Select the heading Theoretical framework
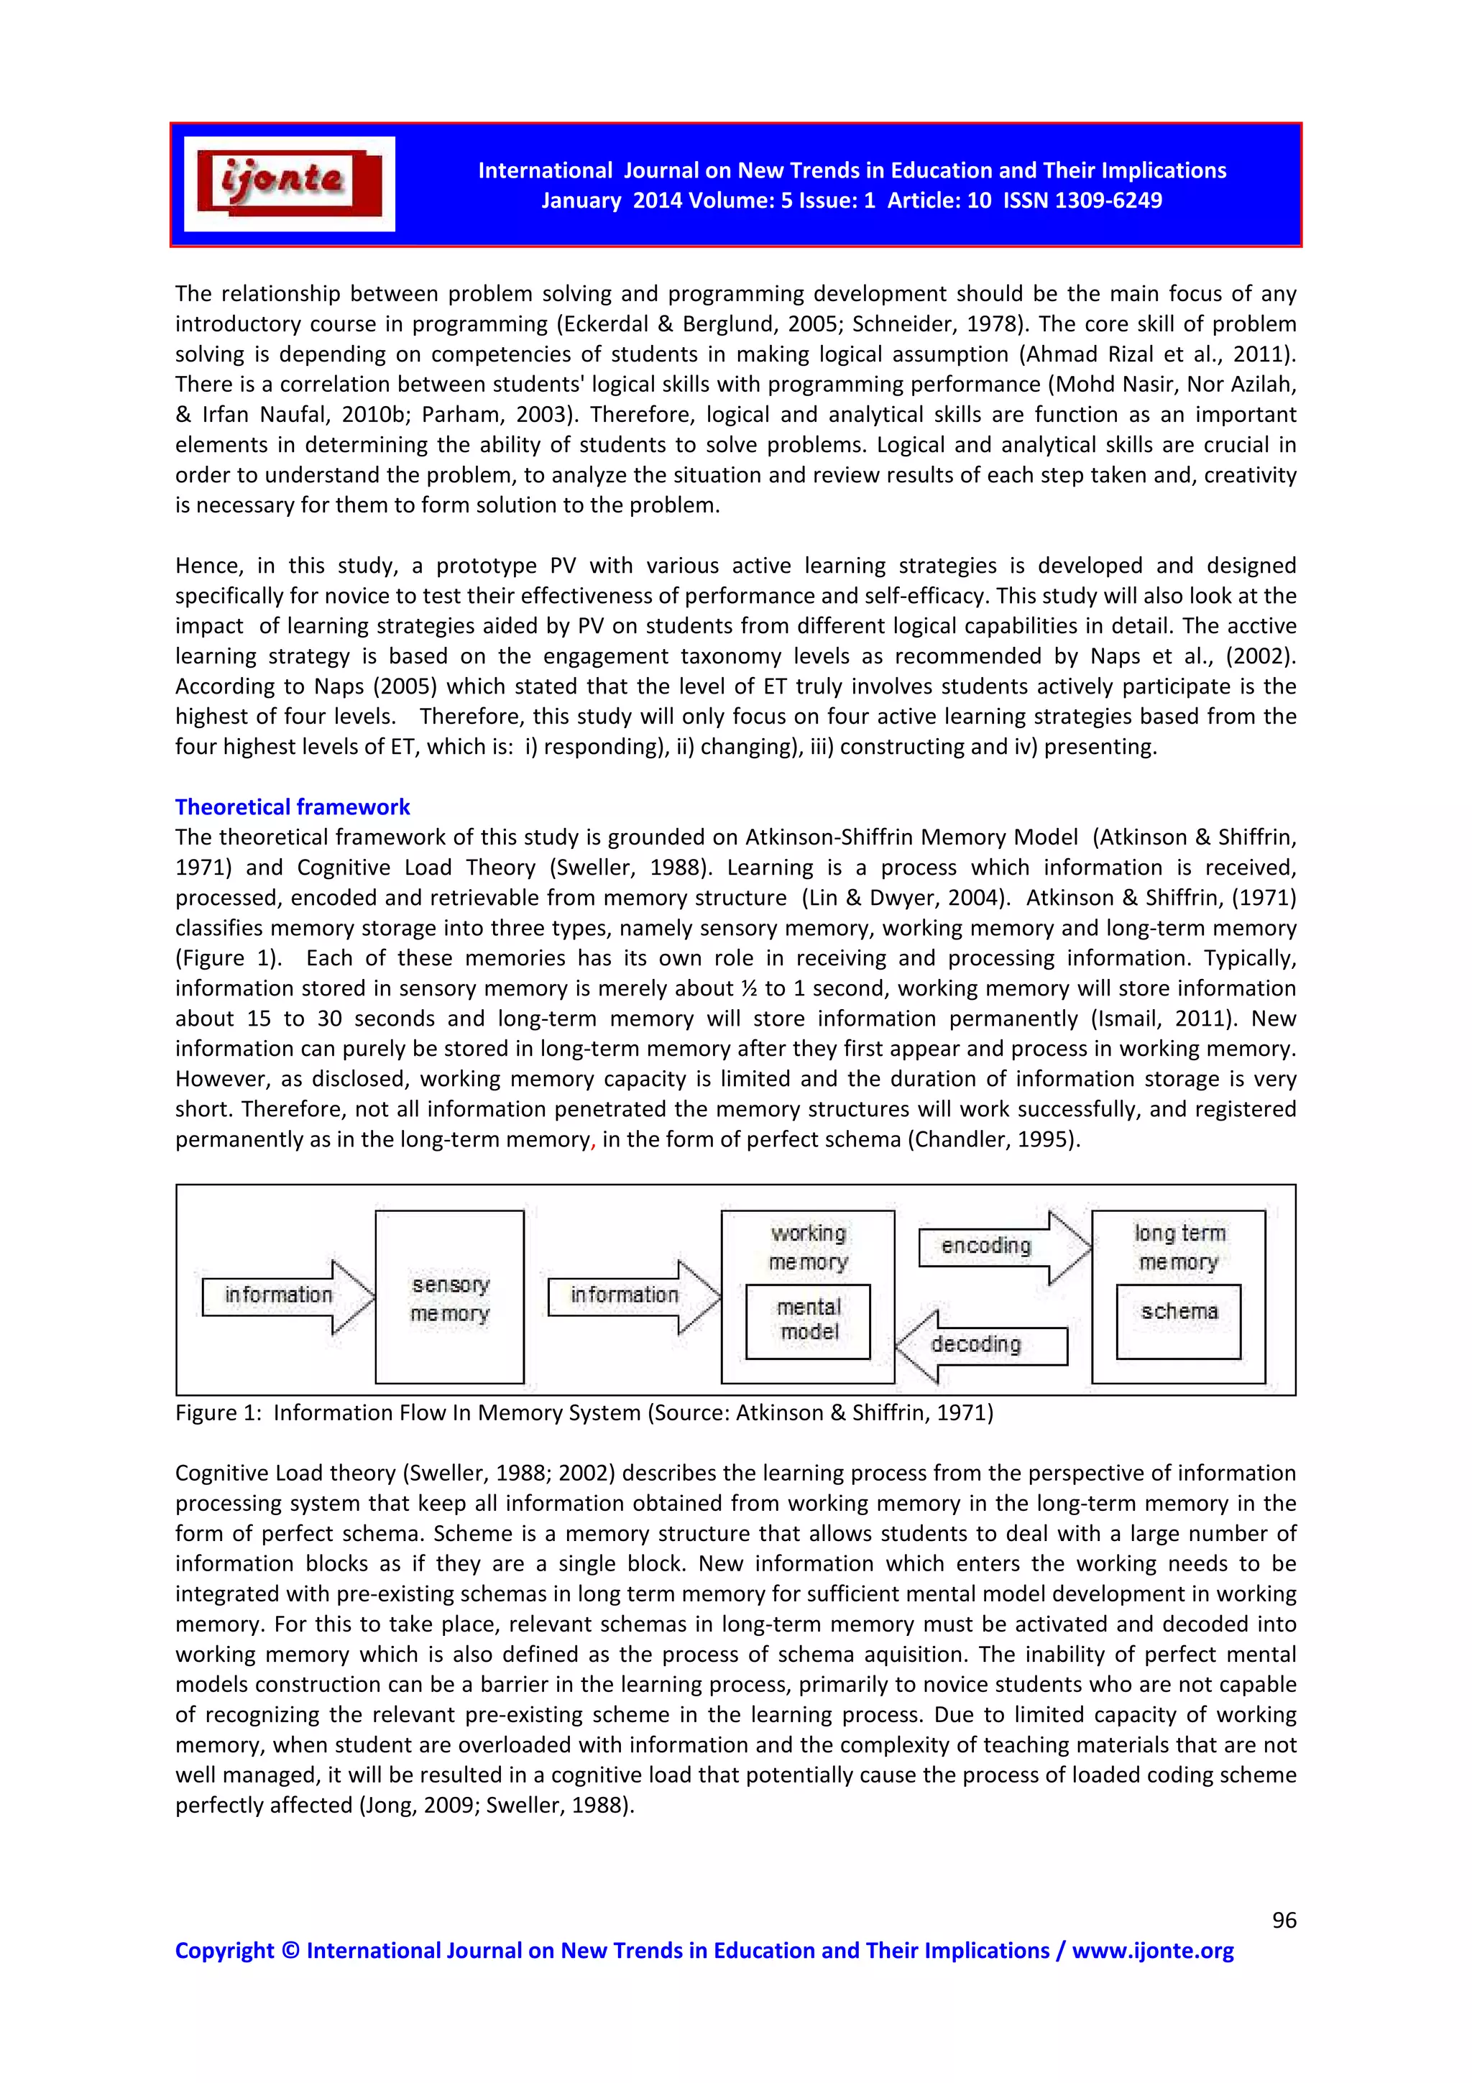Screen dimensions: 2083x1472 tap(292, 806)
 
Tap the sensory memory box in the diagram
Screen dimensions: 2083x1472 tap(450, 1297)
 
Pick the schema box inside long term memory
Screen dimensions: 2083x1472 tap(1178, 1312)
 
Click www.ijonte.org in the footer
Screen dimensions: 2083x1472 tap(1153, 1951)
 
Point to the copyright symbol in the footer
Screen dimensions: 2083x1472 tap(290, 1951)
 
